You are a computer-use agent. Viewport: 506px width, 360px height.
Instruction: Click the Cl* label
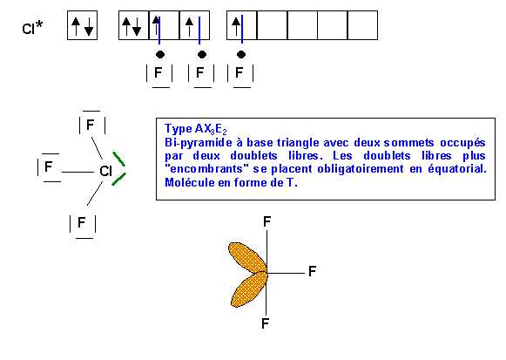coord(32,27)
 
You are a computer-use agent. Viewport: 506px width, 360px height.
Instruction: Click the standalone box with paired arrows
coord(82,25)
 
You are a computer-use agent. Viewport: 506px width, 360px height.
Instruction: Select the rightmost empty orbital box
coord(362,25)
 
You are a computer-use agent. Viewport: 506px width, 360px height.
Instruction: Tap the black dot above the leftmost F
coord(160,55)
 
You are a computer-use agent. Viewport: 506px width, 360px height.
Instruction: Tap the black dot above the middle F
coord(202,55)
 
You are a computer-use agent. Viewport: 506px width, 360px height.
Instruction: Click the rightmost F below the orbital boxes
coord(240,72)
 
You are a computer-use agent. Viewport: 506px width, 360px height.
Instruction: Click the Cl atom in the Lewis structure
coord(105,171)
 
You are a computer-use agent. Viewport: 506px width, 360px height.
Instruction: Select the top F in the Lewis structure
coord(91,125)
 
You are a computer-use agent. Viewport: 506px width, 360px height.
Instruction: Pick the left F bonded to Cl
coord(49,166)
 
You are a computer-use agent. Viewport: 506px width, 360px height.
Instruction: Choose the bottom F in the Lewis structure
coord(82,222)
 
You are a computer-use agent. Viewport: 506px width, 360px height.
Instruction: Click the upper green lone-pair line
coord(118,159)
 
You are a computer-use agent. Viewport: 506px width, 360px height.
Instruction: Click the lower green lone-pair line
coord(118,180)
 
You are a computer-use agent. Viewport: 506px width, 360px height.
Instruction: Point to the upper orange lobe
coord(247,258)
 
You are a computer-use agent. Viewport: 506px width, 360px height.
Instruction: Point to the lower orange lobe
coord(249,289)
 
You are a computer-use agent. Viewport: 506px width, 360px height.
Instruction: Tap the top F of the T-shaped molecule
coord(266,221)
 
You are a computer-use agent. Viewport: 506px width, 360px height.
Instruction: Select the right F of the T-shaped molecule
coord(312,271)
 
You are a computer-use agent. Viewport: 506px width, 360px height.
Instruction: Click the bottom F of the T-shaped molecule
coord(266,323)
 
